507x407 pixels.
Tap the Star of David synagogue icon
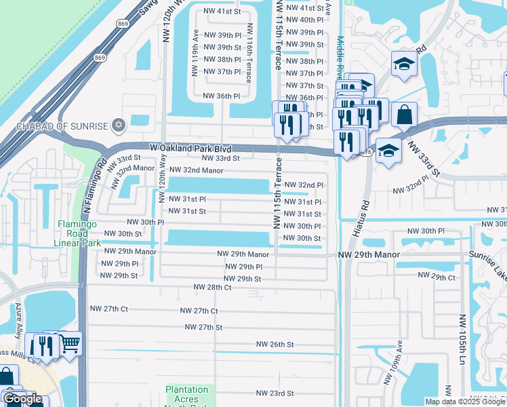point(119,125)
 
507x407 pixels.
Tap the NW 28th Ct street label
point(212,288)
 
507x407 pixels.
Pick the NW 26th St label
point(275,345)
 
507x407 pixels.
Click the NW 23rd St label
point(275,393)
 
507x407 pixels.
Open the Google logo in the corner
point(22,399)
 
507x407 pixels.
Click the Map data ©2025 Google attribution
point(465,402)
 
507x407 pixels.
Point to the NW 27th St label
point(204,327)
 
